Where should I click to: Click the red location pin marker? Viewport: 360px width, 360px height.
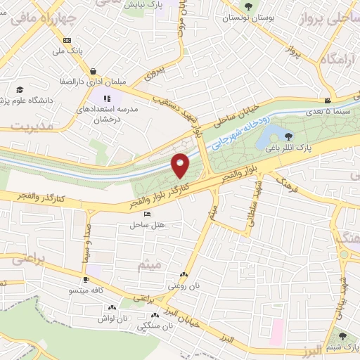tap(181, 165)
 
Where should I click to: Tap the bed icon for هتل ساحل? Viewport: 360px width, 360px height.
tap(146, 214)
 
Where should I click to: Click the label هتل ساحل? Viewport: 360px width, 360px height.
tap(146, 225)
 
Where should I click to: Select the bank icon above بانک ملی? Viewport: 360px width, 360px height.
tap(67, 40)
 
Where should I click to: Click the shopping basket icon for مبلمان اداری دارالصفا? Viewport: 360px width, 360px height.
tap(94, 70)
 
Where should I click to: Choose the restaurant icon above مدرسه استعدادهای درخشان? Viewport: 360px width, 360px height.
tap(107, 98)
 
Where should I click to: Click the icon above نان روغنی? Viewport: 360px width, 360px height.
tap(184, 275)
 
